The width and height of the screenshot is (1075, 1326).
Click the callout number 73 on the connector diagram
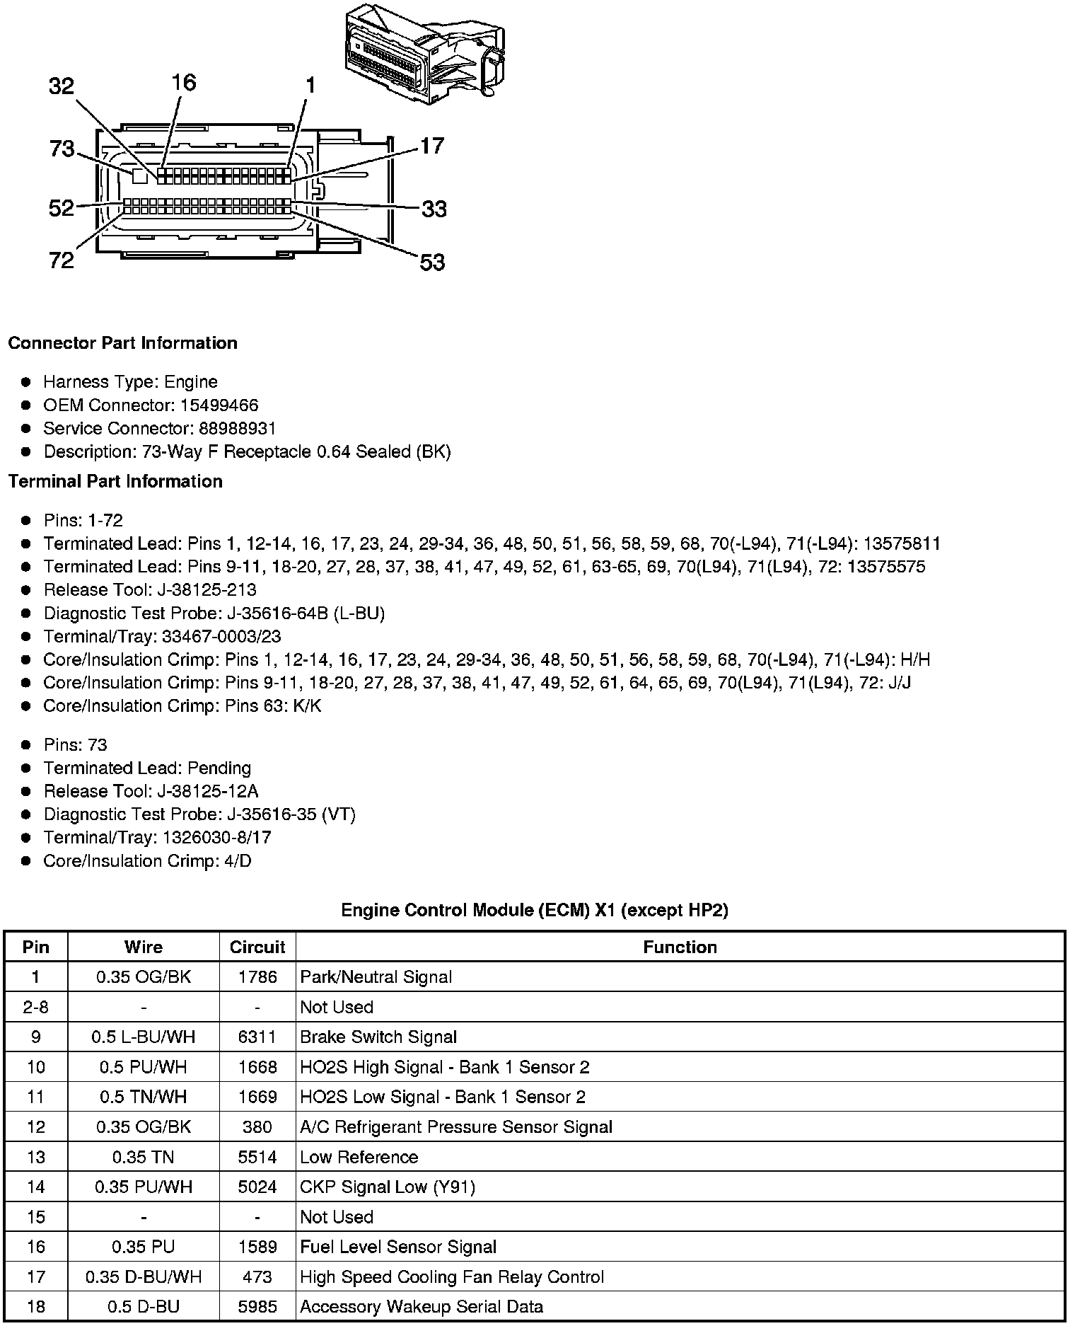tap(62, 149)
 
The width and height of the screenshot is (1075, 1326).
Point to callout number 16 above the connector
tap(183, 83)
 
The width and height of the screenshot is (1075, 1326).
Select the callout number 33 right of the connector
tap(434, 209)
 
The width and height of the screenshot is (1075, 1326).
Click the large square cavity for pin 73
tap(140, 174)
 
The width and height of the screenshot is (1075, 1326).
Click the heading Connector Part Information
tap(122, 343)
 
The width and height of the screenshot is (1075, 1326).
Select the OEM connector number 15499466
tap(219, 405)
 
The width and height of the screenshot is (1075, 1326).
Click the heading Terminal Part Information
tap(115, 482)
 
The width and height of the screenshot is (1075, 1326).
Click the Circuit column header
tap(257, 947)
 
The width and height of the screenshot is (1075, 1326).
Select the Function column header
tap(680, 947)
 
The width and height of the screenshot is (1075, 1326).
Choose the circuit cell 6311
tap(257, 1037)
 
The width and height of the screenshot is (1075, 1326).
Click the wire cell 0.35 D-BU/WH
tap(144, 1277)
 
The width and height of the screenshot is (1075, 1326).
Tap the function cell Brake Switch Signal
tap(378, 1037)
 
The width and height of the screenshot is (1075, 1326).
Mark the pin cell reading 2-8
tap(35, 1008)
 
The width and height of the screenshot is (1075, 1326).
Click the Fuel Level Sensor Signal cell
tap(398, 1247)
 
